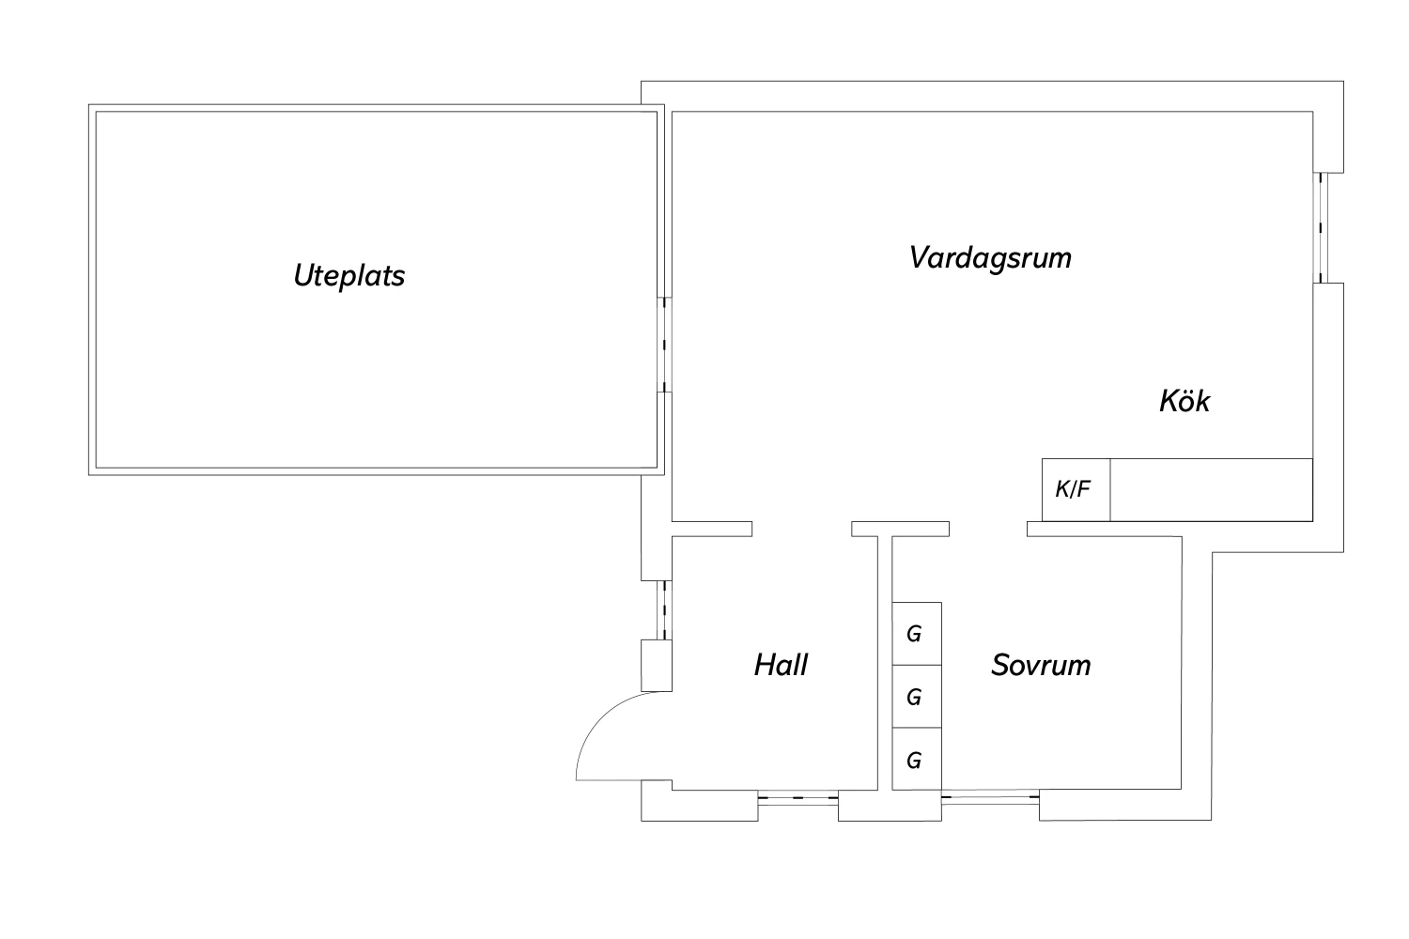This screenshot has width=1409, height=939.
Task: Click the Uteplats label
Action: (x=348, y=276)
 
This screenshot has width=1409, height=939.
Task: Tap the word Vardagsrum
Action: (x=990, y=257)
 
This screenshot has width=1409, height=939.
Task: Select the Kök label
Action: (x=1184, y=401)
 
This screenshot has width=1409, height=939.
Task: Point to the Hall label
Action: (x=781, y=665)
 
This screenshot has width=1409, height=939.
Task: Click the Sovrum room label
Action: (x=1041, y=665)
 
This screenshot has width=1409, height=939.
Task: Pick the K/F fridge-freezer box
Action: (x=1076, y=489)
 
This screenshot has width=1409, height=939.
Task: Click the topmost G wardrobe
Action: (x=916, y=634)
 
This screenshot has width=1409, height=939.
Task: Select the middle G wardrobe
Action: (x=916, y=697)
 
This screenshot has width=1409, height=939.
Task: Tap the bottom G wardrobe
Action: (x=916, y=760)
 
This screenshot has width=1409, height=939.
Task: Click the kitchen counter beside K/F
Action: (x=1211, y=489)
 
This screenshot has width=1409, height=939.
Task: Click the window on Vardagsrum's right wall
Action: (x=1322, y=228)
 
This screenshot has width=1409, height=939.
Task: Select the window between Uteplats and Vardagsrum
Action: (x=664, y=345)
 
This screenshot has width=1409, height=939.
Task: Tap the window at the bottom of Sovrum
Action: (x=990, y=800)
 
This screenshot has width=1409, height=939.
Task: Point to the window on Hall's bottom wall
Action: (x=797, y=800)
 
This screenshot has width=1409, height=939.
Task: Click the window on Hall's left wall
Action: (x=666, y=609)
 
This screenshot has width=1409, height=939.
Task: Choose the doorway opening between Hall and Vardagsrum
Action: (x=801, y=530)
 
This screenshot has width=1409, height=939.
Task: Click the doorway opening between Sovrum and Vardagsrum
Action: (x=987, y=530)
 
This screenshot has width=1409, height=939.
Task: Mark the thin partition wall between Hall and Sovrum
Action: (x=885, y=662)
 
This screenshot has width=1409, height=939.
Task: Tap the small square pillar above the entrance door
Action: (x=656, y=666)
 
